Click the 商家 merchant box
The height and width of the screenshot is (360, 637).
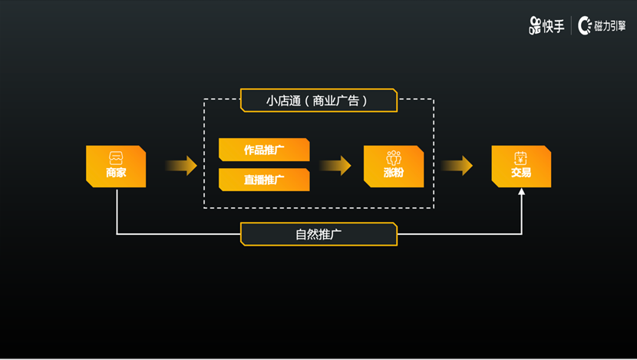click(116, 166)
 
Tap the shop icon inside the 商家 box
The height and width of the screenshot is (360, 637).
click(116, 158)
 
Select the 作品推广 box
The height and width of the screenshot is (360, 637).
click(264, 150)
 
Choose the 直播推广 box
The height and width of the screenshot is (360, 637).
click(264, 180)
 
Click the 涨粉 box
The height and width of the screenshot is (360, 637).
click(394, 166)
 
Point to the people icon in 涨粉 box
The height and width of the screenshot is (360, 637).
click(394, 158)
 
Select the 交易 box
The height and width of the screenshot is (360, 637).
click(521, 166)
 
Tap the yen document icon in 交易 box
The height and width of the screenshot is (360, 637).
click(521, 158)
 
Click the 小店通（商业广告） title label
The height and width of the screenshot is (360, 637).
click(318, 101)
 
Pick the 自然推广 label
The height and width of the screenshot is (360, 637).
click(318, 234)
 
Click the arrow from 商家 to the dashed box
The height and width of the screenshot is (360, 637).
click(180, 166)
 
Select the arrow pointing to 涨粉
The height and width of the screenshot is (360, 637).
click(335, 166)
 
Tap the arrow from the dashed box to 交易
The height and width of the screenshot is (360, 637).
click(457, 166)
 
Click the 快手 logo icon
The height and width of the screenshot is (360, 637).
click(535, 26)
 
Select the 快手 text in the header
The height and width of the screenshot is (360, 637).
click(553, 26)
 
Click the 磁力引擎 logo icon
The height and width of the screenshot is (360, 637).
click(585, 26)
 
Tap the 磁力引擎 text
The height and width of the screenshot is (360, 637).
click(609, 26)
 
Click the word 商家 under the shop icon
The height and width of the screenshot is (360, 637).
click(116, 173)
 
